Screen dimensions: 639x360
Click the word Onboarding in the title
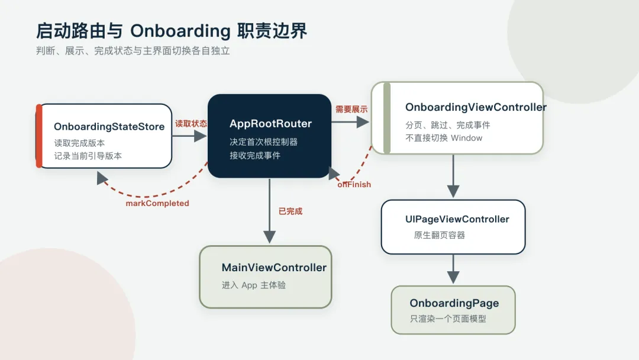[x=180, y=31]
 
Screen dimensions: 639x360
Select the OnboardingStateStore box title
[x=109, y=126]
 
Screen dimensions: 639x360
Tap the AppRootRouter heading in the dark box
[x=270, y=124]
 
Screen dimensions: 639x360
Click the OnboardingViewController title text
[x=476, y=107]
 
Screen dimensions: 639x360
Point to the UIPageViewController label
[x=457, y=219]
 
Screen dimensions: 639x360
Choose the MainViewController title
[x=274, y=268]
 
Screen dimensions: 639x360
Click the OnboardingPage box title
[x=454, y=303]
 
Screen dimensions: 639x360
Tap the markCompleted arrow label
[x=157, y=204]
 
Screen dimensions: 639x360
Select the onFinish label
[x=354, y=185]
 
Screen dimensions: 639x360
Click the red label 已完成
[x=291, y=211]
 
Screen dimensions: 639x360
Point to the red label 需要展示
[x=351, y=110]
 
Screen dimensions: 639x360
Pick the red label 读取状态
[x=191, y=124]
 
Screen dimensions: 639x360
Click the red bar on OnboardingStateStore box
[x=39, y=136]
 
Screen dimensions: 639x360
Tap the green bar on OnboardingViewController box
[x=387, y=118]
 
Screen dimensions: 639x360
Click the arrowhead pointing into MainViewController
[x=269, y=237]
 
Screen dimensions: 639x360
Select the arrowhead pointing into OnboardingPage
[x=453, y=277]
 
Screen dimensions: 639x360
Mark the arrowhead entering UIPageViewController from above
[x=453, y=191]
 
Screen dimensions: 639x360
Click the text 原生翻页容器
[x=439, y=235]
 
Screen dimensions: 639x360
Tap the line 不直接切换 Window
[x=444, y=138]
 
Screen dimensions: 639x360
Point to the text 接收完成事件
[x=255, y=155]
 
